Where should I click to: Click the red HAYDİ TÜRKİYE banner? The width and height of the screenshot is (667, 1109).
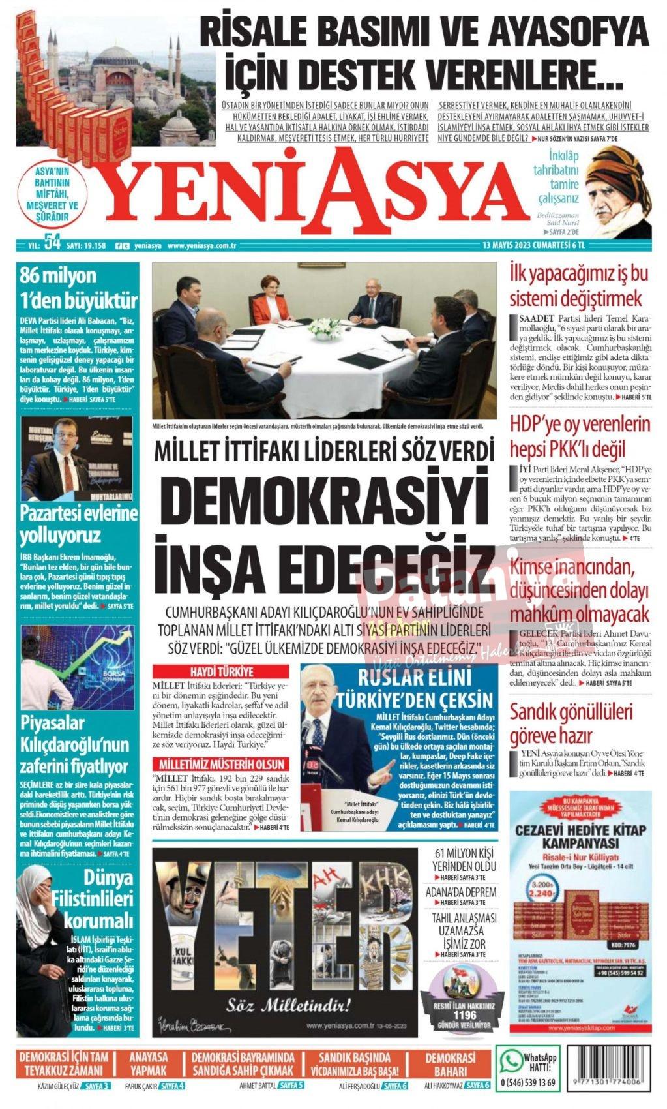coord(221,672)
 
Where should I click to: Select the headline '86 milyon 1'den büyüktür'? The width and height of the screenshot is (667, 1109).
coord(78,287)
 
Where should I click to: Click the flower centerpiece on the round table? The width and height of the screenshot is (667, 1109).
coord(324,328)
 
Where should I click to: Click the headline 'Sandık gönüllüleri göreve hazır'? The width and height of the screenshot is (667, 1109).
coord(571,723)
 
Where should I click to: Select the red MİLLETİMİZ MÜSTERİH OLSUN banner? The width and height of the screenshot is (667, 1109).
coord(222,764)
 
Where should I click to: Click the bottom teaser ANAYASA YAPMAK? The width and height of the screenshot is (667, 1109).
coord(148,1063)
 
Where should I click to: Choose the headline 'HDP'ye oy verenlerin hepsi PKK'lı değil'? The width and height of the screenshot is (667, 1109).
coord(580,436)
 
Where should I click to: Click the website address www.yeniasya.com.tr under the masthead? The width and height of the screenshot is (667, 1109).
coord(201,246)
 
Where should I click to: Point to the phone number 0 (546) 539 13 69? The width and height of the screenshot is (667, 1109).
coord(527,1083)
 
